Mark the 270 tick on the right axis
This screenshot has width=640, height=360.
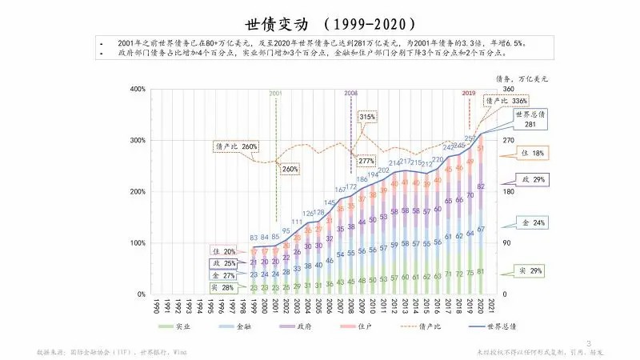[507, 140]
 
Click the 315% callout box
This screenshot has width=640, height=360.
[367, 117]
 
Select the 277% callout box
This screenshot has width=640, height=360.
[366, 161]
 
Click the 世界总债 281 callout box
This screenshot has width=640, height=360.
[530, 119]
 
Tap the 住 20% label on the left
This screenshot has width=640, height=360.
[224, 251]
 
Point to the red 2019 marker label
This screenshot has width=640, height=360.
[469, 94]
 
